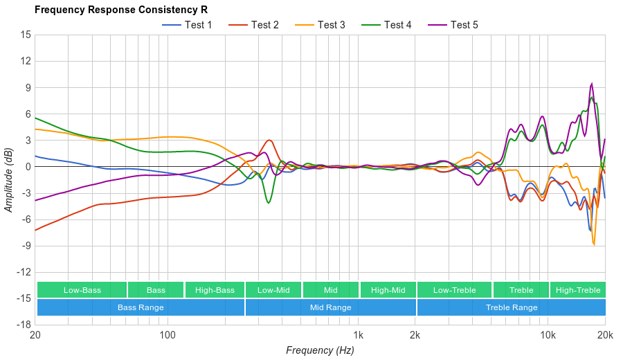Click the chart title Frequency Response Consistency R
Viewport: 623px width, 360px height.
(x=120, y=10)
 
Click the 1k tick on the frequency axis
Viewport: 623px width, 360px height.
(x=359, y=336)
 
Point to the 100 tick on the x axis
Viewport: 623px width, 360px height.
(x=168, y=336)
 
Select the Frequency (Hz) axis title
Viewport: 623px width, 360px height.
(x=320, y=350)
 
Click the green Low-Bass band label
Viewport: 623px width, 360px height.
(x=82, y=290)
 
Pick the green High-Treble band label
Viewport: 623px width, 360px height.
(x=578, y=290)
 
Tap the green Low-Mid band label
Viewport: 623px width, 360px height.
(x=273, y=290)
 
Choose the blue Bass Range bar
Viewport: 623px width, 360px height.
(x=141, y=307)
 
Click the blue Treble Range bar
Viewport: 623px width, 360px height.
(x=512, y=307)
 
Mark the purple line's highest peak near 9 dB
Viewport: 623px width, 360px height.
(x=592, y=84)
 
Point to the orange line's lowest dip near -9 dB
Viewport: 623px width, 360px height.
(x=594, y=244)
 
